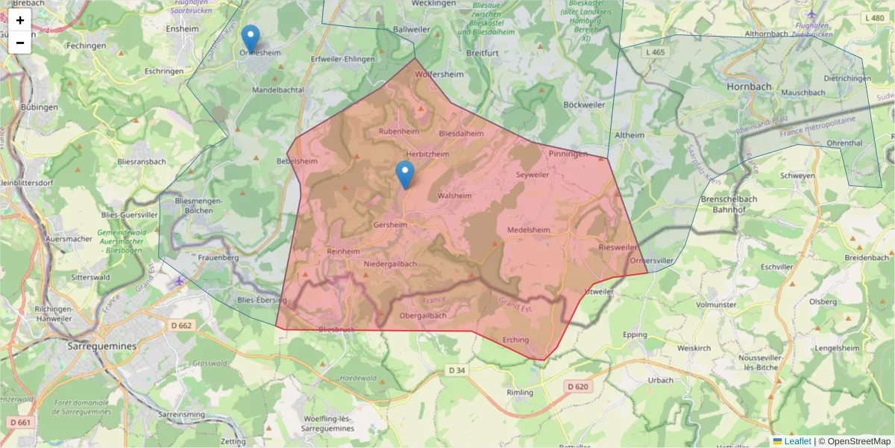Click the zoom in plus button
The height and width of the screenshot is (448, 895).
tap(20, 20)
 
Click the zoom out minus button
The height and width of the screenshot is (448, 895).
tap(20, 43)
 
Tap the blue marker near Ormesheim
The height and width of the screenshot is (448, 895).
tap(251, 38)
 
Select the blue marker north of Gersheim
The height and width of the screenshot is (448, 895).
tap(405, 174)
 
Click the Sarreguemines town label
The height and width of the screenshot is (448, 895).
tap(102, 346)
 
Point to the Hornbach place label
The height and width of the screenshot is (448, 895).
tap(749, 87)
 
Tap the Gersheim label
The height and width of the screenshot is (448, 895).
tap(390, 224)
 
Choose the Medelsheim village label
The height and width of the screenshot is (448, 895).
tap(528, 230)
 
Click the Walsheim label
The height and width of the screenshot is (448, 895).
tap(455, 196)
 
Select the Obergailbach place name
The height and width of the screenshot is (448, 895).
tap(423, 316)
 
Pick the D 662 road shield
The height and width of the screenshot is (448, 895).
tap(180, 326)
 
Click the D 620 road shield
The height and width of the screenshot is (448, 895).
tap(577, 386)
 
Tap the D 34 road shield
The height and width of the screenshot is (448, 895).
tap(456, 370)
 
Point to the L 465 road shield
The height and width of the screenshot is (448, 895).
tap(656, 52)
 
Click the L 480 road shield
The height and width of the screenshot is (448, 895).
tap(876, 18)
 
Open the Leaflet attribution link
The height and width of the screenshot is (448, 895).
tap(797, 441)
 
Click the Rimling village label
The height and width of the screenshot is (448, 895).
tap(520, 392)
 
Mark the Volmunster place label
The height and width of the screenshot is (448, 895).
tap(715, 305)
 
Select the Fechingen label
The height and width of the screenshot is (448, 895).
tap(86, 45)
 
